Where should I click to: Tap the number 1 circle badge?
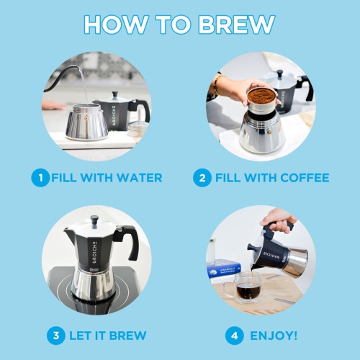click(40, 177)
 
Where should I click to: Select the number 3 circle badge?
click(55, 335)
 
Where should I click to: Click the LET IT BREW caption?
click(107, 335)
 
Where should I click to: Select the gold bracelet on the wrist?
click(215, 86)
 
